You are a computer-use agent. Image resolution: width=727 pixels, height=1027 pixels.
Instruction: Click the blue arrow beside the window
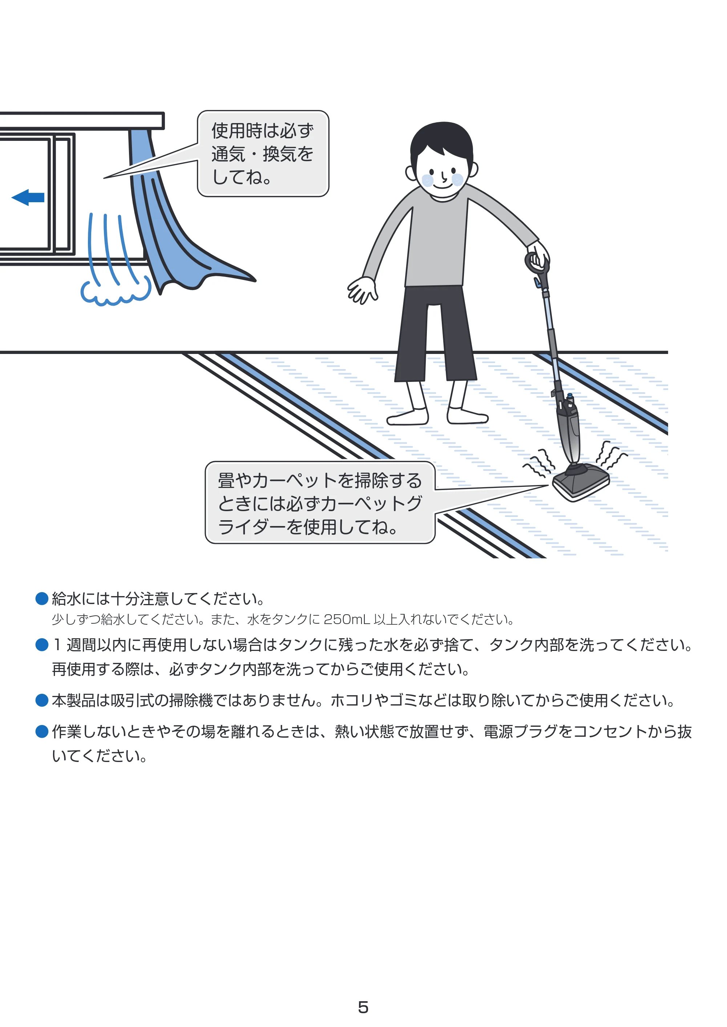28,197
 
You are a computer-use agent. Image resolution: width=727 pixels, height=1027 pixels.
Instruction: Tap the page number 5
363,1007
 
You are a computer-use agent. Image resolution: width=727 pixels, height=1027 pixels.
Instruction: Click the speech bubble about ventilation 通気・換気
263,154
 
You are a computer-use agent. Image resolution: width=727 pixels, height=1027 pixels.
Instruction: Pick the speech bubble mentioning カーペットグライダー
320,503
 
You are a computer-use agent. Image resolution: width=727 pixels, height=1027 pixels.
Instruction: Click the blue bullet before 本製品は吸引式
42,700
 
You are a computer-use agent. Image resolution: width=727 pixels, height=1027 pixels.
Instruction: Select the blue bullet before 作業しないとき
42,731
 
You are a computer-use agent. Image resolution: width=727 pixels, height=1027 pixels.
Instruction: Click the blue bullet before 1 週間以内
42,645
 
